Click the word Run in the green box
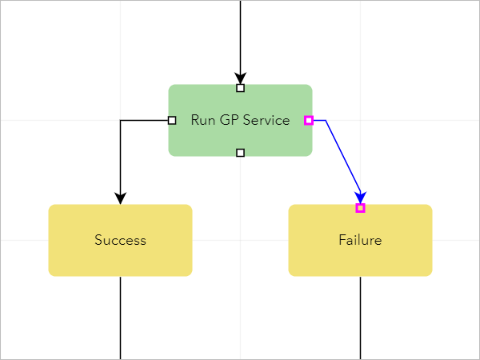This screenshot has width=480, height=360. [x=202, y=121]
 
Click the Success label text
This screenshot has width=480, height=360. [x=120, y=240]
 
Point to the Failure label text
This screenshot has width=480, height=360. [x=360, y=240]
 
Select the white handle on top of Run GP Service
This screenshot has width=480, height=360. [x=240, y=88]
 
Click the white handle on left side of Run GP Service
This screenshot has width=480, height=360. [x=172, y=121]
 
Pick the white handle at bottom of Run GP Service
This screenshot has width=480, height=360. [x=240, y=152]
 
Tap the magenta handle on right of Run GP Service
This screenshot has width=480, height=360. [x=308, y=121]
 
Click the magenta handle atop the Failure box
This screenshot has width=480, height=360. [x=360, y=208]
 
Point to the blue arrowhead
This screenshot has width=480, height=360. [x=361, y=197]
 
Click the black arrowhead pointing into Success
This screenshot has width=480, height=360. [x=120, y=198]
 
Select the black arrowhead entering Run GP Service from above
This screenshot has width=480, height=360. [x=240, y=77]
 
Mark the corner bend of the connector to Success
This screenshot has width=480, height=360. [x=120, y=121]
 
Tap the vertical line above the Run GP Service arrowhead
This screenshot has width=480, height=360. [x=240, y=32]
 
